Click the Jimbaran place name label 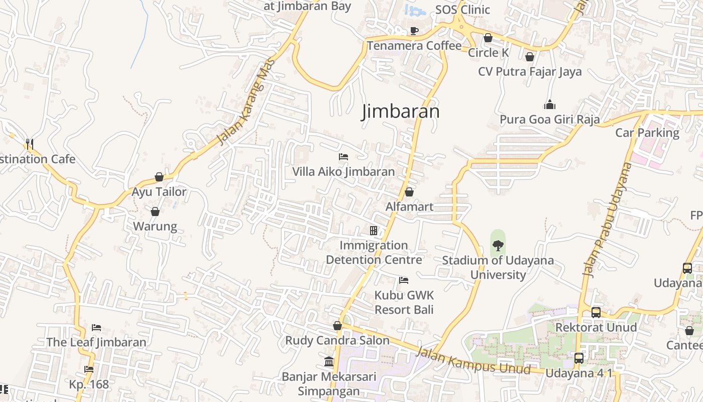click(x=400, y=111)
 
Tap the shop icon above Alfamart click(x=409, y=192)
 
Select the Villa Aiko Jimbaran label click(x=343, y=171)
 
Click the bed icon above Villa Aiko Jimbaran click(x=343, y=157)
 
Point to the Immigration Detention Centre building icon click(x=374, y=231)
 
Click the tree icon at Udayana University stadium click(x=498, y=246)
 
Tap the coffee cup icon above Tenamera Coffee click(x=414, y=31)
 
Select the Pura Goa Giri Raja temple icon click(x=550, y=105)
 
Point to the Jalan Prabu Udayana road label click(x=606, y=219)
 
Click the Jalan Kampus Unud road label click(x=474, y=361)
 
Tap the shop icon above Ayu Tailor click(x=159, y=177)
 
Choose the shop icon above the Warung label click(x=155, y=212)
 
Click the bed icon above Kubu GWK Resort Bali click(x=404, y=280)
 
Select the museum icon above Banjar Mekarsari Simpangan click(x=329, y=361)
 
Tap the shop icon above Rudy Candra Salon click(x=337, y=326)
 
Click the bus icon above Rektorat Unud click(x=596, y=312)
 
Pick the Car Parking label click(x=647, y=133)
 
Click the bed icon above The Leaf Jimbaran click(x=96, y=328)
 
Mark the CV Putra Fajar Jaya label click(x=530, y=71)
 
